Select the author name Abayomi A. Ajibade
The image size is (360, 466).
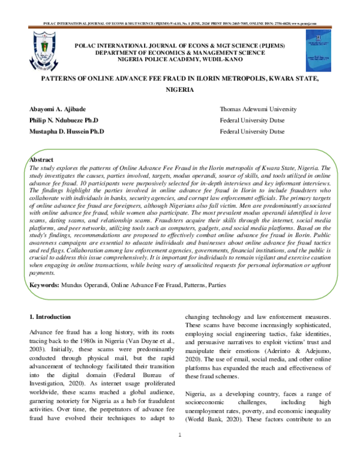click(55, 109)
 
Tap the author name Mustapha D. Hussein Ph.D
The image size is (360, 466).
click(66, 130)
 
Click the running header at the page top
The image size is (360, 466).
click(179, 24)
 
